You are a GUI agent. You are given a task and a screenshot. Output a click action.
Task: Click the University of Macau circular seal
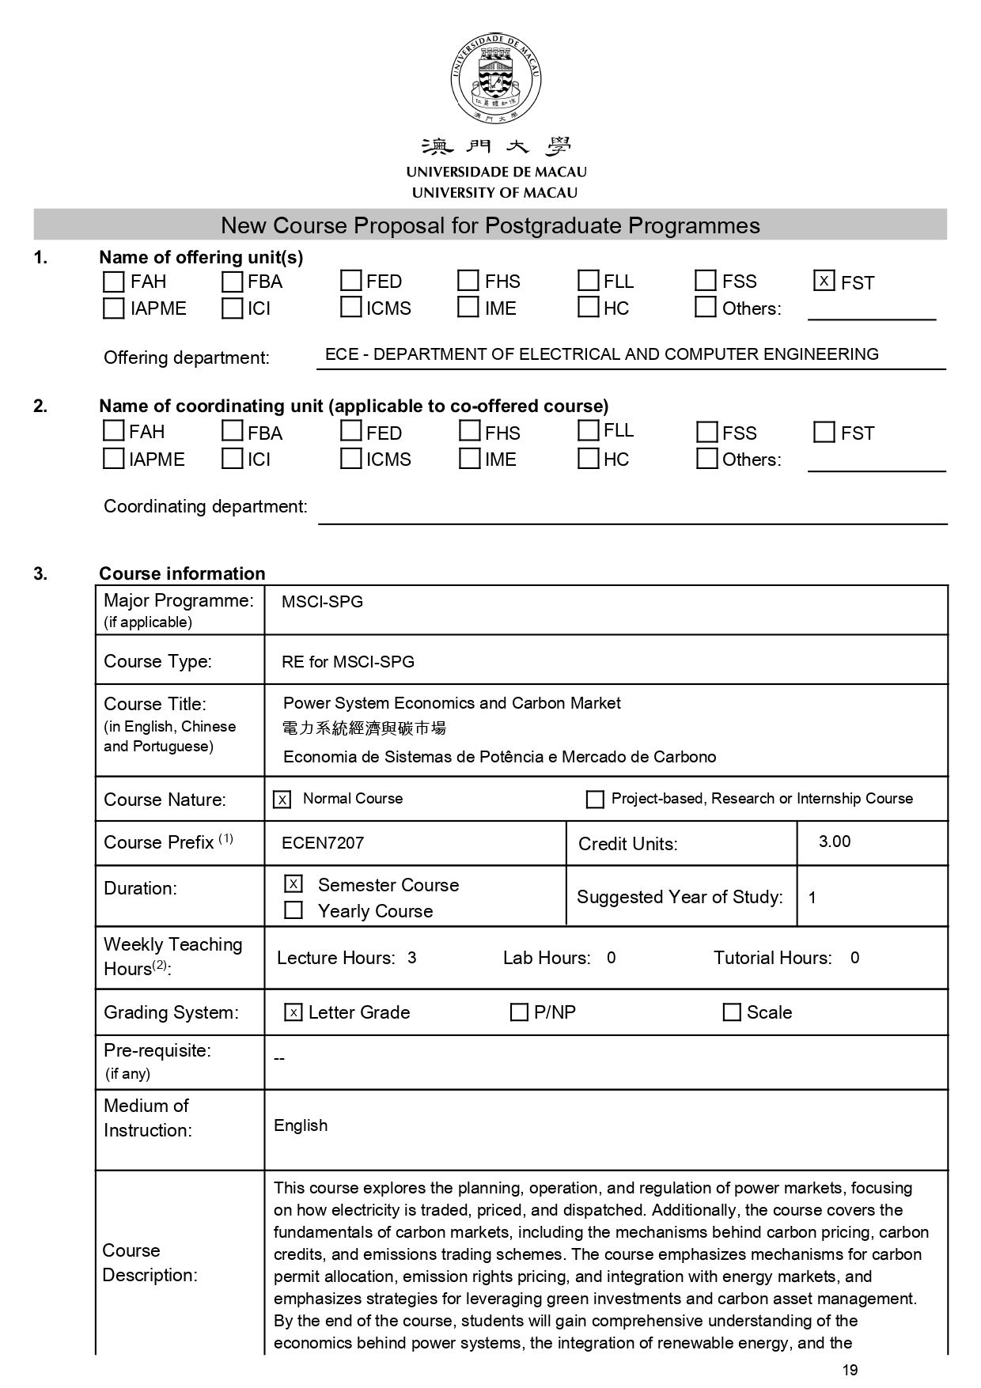[x=496, y=78]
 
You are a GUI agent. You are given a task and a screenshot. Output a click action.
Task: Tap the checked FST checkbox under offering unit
[x=824, y=281]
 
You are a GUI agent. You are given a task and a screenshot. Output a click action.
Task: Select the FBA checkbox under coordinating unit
[x=232, y=431]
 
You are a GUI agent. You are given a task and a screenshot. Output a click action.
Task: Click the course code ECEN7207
[x=323, y=843]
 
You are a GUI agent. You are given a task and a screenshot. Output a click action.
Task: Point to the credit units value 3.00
[x=835, y=841]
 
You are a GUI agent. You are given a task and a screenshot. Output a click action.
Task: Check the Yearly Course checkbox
[x=294, y=910]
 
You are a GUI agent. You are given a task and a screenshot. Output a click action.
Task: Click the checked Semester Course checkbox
[x=294, y=883]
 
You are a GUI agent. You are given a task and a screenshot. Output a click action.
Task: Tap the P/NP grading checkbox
[x=519, y=1012]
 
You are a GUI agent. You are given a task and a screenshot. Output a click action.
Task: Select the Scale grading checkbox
[x=732, y=1012]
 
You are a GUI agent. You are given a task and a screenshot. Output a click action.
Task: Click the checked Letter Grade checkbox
[x=294, y=1012]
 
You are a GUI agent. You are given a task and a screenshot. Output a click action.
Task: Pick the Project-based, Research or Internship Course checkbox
[x=594, y=800]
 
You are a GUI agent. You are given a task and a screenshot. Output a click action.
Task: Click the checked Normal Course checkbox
[x=282, y=800]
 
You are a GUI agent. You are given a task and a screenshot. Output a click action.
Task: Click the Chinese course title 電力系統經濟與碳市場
[x=364, y=728]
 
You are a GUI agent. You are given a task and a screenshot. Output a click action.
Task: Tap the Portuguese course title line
[x=499, y=757]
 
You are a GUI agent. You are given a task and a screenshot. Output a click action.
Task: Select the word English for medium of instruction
[x=301, y=1125]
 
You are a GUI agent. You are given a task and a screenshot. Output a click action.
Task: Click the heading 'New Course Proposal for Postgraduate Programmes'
[x=490, y=225]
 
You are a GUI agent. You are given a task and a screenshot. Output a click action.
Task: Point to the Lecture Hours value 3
[x=412, y=958]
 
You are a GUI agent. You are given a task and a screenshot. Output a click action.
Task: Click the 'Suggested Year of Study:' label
[x=680, y=897]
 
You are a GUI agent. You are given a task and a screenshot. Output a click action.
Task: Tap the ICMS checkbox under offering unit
[x=350, y=307]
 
